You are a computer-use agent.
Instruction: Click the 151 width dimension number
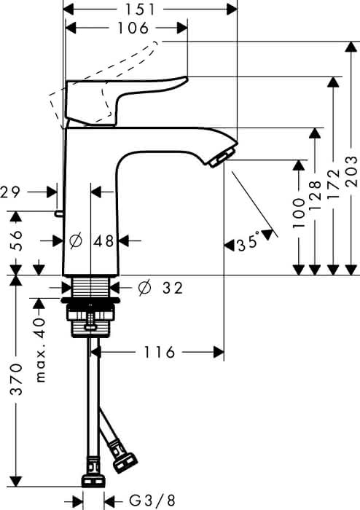coord(141,9)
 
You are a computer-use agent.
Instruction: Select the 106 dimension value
coord(133,28)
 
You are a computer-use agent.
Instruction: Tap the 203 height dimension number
coord(351,171)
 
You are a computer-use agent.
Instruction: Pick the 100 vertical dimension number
coord(299,213)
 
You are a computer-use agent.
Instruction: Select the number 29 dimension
coord(9,192)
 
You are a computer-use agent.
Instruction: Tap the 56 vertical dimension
coord(16,240)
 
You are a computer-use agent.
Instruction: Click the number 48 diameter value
coord(103,241)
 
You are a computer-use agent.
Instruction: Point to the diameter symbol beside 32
coord(145,287)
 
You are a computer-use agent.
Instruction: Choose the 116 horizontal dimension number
coord(159,352)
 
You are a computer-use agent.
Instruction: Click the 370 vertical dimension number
coord(16,380)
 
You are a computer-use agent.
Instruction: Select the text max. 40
coord(39,350)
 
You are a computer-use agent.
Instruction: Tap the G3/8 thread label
coord(152,500)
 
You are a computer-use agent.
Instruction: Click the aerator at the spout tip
coord(222,158)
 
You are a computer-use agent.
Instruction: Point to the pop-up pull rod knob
coord(59,213)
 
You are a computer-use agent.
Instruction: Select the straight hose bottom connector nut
coord(93,480)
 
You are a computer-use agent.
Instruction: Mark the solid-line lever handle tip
coord(187,78)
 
